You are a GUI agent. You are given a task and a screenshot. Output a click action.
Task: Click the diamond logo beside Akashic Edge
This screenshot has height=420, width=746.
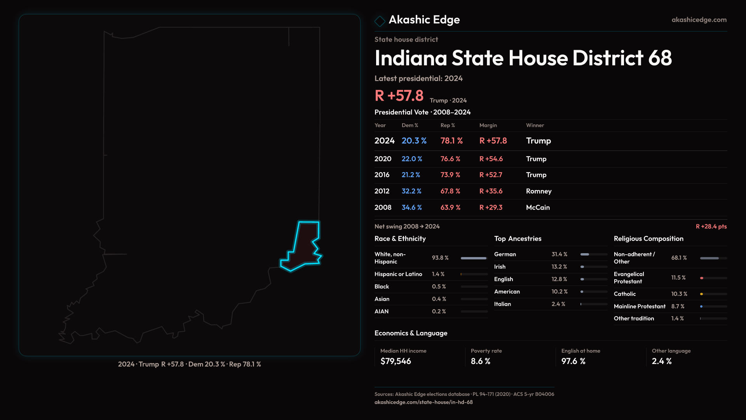coord(380,21)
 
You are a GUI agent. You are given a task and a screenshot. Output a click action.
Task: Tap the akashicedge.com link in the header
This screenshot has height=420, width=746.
coord(699,20)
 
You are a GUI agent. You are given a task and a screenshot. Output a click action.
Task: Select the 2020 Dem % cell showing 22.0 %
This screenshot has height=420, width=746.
coord(412,159)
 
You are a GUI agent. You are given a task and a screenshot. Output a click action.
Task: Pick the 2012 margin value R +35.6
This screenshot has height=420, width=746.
coord(491,191)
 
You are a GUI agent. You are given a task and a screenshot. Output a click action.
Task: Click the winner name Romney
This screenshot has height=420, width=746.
coord(539,191)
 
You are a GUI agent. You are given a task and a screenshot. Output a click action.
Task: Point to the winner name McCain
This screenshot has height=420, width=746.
coord(538,208)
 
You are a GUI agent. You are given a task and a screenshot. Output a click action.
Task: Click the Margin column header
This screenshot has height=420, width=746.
coord(488,125)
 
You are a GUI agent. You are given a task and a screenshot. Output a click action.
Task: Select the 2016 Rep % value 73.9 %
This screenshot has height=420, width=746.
coord(450,175)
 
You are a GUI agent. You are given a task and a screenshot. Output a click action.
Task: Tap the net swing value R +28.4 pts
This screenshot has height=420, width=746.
coord(711,226)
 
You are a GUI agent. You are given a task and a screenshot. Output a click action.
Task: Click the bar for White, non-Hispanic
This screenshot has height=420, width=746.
coord(474,258)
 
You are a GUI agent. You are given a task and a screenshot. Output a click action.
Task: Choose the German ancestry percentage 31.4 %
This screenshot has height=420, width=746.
coord(559,254)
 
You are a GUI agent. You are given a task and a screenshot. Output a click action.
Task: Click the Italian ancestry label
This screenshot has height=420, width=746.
coord(502,304)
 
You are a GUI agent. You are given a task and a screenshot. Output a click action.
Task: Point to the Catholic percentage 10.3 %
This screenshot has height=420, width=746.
coord(679,294)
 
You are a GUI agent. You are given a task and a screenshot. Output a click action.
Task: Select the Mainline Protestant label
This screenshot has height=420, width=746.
coord(640,306)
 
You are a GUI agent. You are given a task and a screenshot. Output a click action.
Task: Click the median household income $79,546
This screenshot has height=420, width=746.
coord(396,361)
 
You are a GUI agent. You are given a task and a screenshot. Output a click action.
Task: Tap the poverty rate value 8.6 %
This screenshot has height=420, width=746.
coord(481,361)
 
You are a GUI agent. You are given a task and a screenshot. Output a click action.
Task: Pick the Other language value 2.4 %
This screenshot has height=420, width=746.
coord(662,361)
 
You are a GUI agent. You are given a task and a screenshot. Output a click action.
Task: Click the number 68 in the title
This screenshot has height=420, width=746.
coord(660,58)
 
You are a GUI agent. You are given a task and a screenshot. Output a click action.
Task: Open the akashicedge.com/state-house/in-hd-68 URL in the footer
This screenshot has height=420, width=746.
coord(424,402)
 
